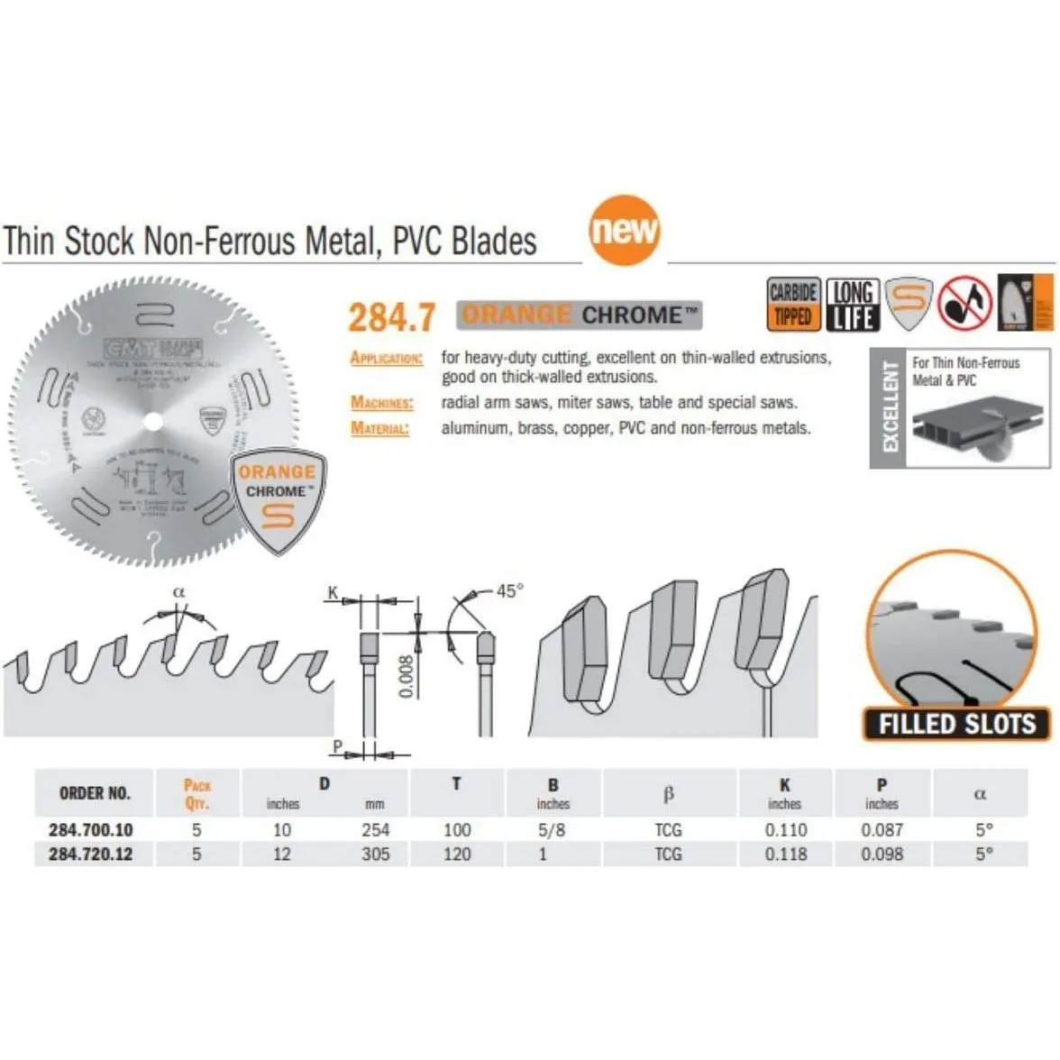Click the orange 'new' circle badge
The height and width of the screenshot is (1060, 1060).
pos(625,230)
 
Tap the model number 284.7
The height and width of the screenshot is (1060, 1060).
pos(391,317)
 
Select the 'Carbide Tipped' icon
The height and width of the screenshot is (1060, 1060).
pos(793,304)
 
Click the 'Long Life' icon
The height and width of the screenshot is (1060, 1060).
pos(852,304)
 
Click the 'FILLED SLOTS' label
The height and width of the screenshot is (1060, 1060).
pos(956,724)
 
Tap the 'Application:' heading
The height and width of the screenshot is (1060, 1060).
pos(386,358)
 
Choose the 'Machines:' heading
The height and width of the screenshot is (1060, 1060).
pos(382,403)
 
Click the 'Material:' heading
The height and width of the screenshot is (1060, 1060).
pos(379,428)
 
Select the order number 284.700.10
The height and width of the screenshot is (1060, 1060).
pos(90,830)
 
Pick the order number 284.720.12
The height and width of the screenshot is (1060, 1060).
pos(90,854)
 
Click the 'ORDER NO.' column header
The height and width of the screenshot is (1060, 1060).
pos(95,793)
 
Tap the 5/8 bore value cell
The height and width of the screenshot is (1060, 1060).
pos(552,830)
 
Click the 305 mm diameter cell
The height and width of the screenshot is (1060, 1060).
pos(375,854)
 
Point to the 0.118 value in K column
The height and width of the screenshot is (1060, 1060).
pos(786,854)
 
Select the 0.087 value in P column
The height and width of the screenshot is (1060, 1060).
pos(882,830)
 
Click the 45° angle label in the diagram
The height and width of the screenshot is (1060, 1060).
pos(509,591)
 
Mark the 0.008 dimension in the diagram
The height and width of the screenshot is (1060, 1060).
pos(406,676)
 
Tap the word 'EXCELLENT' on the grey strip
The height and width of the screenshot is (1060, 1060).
pos(890,407)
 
